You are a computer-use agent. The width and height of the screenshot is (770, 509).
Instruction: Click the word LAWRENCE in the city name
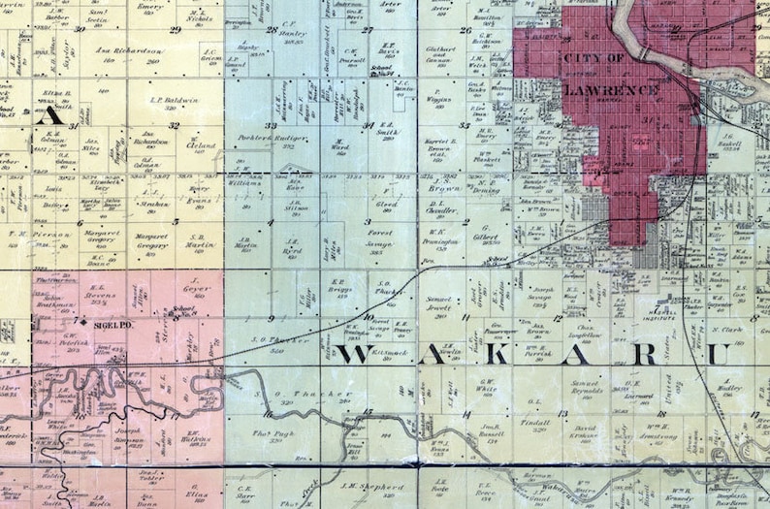(611, 90)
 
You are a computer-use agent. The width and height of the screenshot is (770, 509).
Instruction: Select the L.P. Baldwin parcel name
(175, 99)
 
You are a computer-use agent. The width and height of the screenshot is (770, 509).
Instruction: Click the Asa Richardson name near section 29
(130, 50)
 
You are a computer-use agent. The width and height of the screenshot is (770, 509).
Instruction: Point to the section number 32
(174, 125)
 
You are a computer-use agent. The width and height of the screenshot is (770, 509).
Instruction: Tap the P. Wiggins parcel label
(439, 99)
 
